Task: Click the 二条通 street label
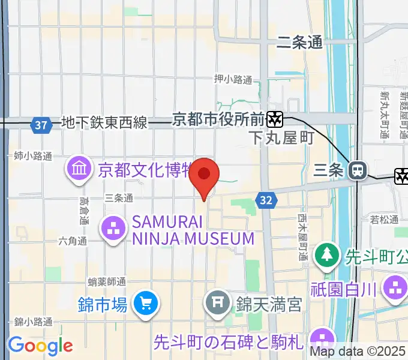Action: pyautogui.click(x=300, y=42)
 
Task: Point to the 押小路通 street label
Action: pyautogui.click(x=233, y=79)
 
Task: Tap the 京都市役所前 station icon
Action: pyautogui.click(x=275, y=119)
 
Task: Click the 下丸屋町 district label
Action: pyautogui.click(x=281, y=139)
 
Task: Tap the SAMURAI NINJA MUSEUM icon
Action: pyautogui.click(x=112, y=228)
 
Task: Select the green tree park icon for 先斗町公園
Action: pyautogui.click(x=326, y=255)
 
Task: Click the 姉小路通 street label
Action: pyautogui.click(x=33, y=156)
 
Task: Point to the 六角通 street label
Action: pyautogui.click(x=73, y=241)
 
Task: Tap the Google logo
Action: pyautogui.click(x=40, y=346)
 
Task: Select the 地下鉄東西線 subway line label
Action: pyautogui.click(x=104, y=123)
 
